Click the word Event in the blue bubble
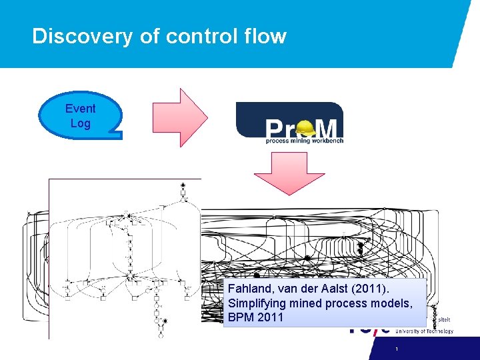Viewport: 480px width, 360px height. click(x=81, y=108)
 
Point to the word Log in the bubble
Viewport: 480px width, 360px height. click(x=81, y=123)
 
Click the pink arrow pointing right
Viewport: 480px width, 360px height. click(x=180, y=117)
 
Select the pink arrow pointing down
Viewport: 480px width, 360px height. click(x=289, y=172)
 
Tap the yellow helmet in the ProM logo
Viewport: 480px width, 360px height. click(x=307, y=127)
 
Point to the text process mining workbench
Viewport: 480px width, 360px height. click(x=303, y=141)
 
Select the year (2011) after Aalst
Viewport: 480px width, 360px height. click(x=373, y=289)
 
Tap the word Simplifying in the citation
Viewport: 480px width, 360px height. click(x=257, y=303)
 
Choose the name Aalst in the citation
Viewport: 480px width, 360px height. click(x=338, y=289)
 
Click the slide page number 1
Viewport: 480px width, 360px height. click(x=396, y=349)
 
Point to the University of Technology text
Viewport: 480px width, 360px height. click(x=425, y=331)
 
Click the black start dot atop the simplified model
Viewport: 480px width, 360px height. click(x=183, y=184)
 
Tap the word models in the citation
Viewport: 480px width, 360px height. click(x=392, y=303)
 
